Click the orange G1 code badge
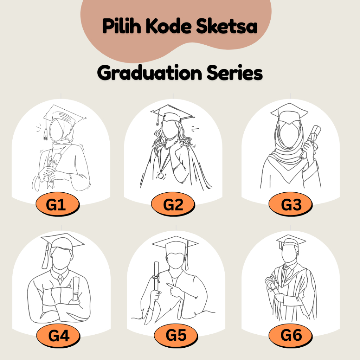(x=57, y=204)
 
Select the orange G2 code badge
(x=173, y=204)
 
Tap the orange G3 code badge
(x=290, y=204)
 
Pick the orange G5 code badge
(x=176, y=335)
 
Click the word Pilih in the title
(x=121, y=26)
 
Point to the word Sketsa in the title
(x=227, y=26)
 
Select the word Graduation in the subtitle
(x=149, y=73)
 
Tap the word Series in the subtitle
(x=234, y=73)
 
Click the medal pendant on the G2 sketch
(x=160, y=176)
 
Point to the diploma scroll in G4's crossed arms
(x=76, y=289)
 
